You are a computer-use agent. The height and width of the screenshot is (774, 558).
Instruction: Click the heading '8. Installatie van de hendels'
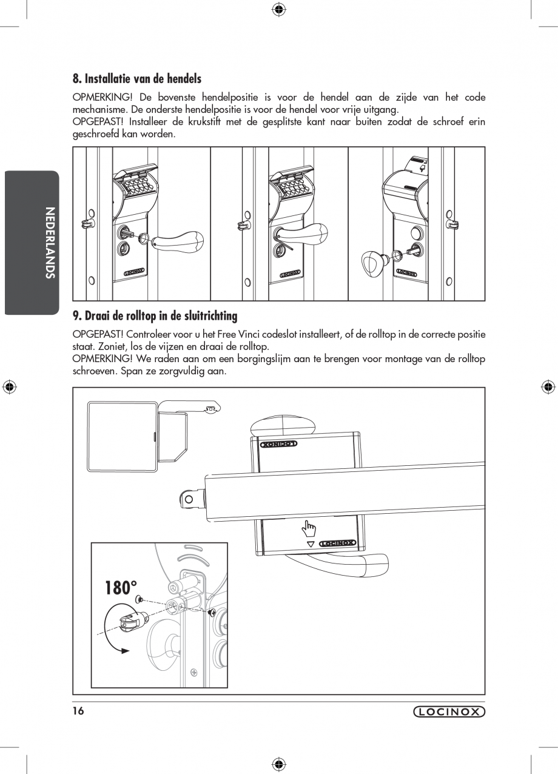tap(136, 79)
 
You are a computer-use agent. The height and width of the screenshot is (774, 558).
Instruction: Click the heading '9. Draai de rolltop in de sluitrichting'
tap(155, 316)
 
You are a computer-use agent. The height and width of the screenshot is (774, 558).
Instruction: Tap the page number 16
tap(78, 711)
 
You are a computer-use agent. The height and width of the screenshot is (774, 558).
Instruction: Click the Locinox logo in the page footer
tap(449, 712)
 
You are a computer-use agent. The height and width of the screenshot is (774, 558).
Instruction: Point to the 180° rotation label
tap(121, 588)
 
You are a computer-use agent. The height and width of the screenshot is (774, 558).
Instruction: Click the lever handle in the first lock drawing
tap(176, 239)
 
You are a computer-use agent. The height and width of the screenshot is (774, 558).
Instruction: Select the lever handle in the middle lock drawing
tap(303, 232)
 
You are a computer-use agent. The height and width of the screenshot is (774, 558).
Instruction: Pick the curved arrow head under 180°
tap(125, 650)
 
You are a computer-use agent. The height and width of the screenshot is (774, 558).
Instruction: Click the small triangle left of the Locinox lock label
tap(311, 544)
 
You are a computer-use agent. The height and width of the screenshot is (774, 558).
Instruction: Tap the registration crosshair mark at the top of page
tap(278, 8)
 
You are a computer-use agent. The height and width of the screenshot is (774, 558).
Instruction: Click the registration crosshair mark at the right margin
tap(548, 386)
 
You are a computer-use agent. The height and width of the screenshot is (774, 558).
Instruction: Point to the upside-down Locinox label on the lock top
tap(279, 444)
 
